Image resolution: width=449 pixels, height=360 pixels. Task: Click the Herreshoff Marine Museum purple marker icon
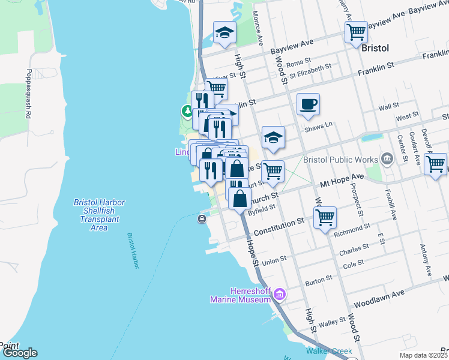279,295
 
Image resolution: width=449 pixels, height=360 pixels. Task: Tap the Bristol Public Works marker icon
387,160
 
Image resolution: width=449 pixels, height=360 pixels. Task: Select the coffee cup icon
308,104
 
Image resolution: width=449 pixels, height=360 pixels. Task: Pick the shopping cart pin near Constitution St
325,217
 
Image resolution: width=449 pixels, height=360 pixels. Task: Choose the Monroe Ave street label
258,28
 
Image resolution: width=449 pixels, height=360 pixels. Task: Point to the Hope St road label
251,251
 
